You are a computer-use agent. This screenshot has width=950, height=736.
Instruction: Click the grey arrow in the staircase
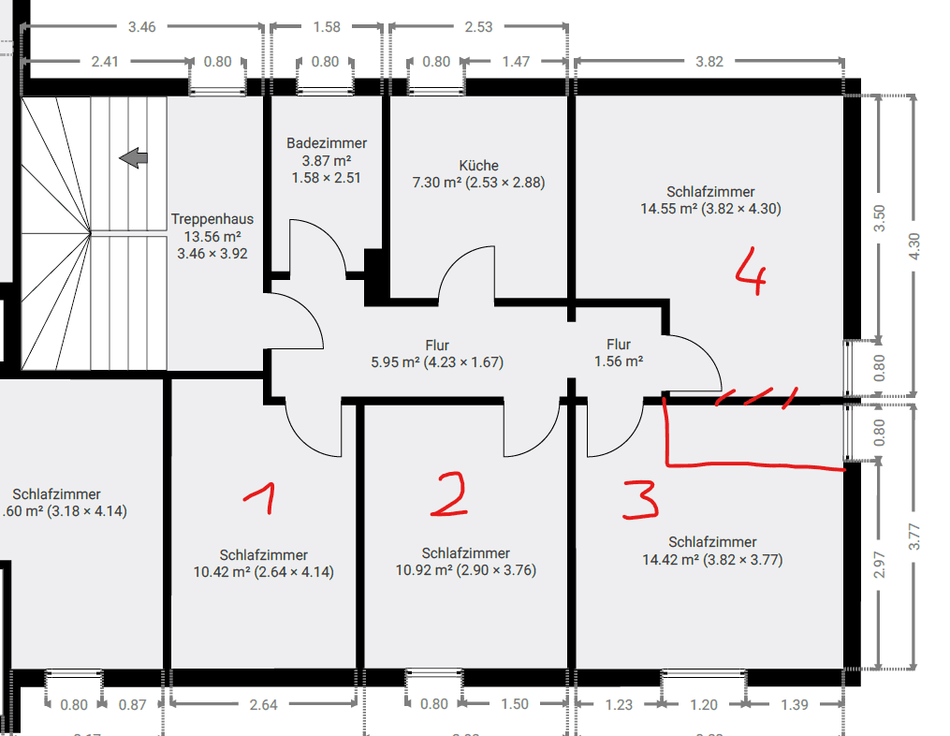[x=135, y=158]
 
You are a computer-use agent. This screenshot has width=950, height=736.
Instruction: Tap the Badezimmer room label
[x=327, y=143]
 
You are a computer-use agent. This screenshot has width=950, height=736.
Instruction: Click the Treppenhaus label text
[x=212, y=219]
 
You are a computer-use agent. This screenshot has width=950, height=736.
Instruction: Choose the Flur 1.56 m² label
[x=619, y=353]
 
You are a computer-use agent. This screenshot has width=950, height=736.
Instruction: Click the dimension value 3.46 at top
[x=141, y=26]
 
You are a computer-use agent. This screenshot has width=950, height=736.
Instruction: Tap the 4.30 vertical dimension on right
[x=914, y=244]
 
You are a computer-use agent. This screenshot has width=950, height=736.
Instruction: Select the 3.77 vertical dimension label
[x=914, y=536]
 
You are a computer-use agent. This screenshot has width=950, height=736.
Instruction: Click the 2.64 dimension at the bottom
[x=263, y=704]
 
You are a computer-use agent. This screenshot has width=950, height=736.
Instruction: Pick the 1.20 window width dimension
[x=704, y=704]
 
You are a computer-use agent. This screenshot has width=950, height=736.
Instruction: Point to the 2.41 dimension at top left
[x=105, y=62]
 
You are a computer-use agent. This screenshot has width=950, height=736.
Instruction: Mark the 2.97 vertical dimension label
[x=879, y=565]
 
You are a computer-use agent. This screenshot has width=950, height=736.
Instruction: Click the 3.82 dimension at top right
[x=709, y=62]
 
